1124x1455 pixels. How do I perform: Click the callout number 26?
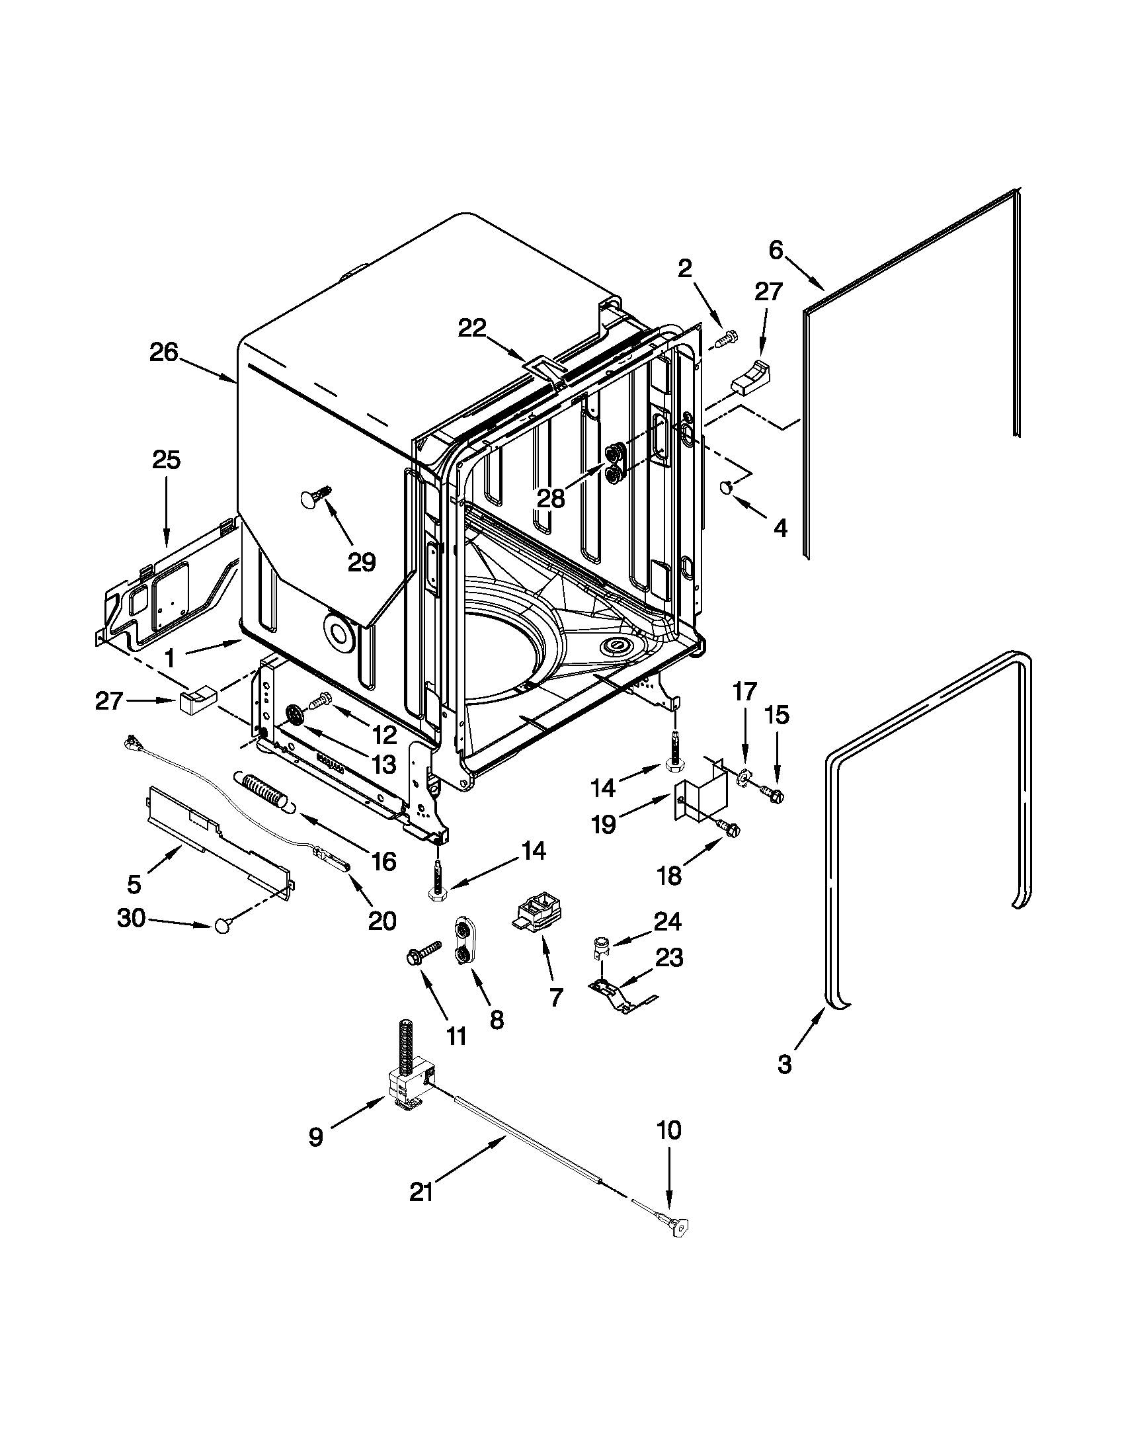tap(164, 353)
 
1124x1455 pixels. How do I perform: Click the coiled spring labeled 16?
tap(264, 791)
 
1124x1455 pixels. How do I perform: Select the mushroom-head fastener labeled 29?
tap(315, 497)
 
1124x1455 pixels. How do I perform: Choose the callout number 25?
tap(166, 460)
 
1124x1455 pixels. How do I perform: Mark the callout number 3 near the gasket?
tap(785, 1065)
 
